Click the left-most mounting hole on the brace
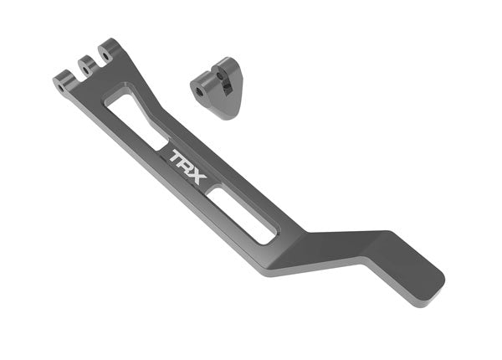pos(62,82)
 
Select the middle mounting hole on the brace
pos(84,64)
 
